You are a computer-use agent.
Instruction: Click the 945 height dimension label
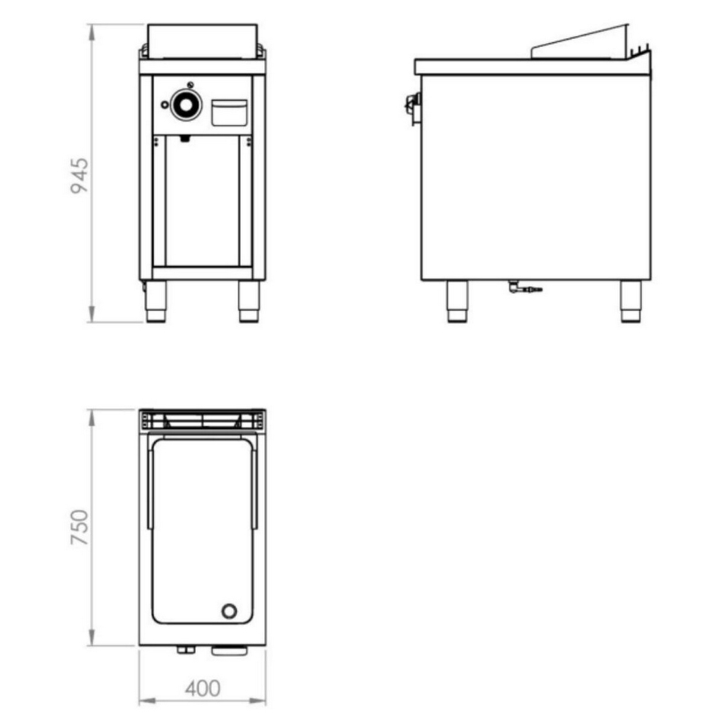tap(79, 175)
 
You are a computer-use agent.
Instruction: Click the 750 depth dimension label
tap(79, 527)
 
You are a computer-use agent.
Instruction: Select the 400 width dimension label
tap(203, 689)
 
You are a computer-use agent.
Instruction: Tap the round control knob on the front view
tap(186, 105)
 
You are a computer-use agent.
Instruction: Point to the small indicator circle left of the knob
tap(165, 105)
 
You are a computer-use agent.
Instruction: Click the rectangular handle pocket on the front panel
tap(229, 112)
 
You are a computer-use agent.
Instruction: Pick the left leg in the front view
tap(156, 301)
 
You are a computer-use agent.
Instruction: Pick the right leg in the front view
tap(249, 301)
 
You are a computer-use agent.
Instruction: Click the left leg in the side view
tap(457, 301)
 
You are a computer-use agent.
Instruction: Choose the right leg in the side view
tap(630, 301)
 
